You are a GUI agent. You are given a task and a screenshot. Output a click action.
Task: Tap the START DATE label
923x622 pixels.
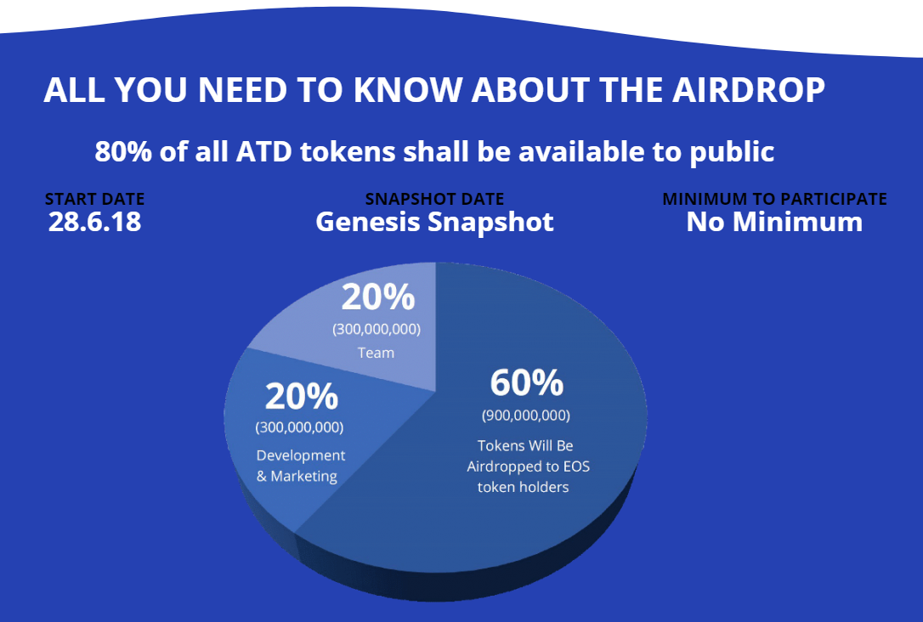click(x=94, y=199)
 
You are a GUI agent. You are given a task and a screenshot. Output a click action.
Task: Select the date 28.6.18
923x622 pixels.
click(x=94, y=222)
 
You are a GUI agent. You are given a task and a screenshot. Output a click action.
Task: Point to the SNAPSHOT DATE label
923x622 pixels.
click(x=434, y=199)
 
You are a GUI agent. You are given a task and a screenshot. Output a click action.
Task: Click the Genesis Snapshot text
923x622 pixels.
click(x=434, y=222)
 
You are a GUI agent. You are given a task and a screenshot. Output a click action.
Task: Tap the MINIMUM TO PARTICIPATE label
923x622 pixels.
click(x=774, y=199)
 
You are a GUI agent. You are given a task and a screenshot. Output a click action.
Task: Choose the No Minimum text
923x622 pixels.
click(x=774, y=222)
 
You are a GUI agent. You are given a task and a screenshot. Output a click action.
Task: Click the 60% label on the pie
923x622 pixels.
click(x=526, y=383)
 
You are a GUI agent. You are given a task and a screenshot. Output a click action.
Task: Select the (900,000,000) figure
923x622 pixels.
click(x=526, y=416)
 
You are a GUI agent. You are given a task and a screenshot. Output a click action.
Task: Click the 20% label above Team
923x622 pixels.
click(x=377, y=298)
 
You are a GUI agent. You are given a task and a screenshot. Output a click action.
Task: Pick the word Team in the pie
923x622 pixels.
click(x=376, y=352)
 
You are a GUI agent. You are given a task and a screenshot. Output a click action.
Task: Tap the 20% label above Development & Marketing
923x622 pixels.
click(x=301, y=397)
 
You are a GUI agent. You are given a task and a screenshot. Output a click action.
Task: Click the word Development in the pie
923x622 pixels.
click(x=301, y=455)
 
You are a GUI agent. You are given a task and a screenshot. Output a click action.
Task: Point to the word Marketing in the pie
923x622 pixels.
click(x=303, y=476)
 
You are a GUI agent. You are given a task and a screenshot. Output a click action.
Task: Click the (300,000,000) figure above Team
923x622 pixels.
click(x=377, y=329)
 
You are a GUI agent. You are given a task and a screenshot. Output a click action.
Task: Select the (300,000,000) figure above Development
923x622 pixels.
click(x=299, y=427)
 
